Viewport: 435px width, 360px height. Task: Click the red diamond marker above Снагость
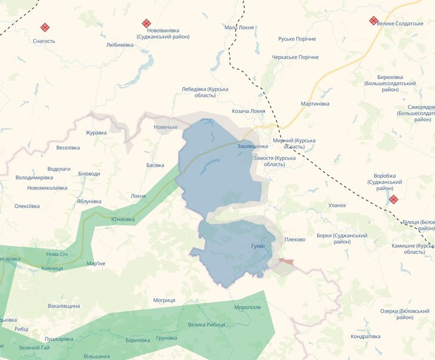[45, 27]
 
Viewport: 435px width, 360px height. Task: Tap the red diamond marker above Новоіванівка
[146, 24]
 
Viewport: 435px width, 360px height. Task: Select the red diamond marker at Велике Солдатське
[373, 21]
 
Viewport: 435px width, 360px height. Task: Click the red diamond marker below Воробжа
[393, 199]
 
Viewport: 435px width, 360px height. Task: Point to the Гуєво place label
[258, 245]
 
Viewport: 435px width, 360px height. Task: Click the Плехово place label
[295, 239]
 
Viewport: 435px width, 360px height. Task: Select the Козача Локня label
[248, 111]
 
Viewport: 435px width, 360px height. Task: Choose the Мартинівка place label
[315, 104]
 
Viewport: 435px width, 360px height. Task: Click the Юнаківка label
[123, 219]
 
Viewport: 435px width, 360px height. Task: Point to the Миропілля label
[247, 308]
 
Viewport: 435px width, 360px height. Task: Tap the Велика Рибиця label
[206, 325]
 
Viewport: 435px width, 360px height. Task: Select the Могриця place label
[164, 300]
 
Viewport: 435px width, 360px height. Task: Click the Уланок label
[337, 205]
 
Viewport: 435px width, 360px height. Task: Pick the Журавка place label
[96, 132]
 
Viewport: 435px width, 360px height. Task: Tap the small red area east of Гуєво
[286, 261]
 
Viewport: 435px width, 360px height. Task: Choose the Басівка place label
[155, 165]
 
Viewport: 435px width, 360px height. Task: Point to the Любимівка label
[120, 45]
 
